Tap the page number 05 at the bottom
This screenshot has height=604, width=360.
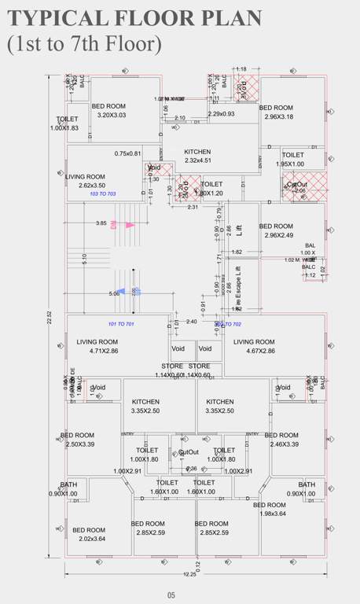click(171, 595)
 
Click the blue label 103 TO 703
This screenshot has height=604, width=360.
click(103, 193)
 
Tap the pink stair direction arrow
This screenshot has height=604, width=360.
click(127, 225)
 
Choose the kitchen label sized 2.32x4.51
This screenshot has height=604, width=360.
click(197, 156)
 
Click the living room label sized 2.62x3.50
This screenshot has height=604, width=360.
click(86, 182)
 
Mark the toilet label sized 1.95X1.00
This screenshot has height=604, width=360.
click(292, 160)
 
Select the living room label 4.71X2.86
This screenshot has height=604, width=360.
click(97, 347)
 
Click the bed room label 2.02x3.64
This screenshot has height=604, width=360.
click(88, 535)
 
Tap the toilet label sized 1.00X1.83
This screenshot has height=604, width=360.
click(65, 123)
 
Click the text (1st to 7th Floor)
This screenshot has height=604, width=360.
click(84, 45)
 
